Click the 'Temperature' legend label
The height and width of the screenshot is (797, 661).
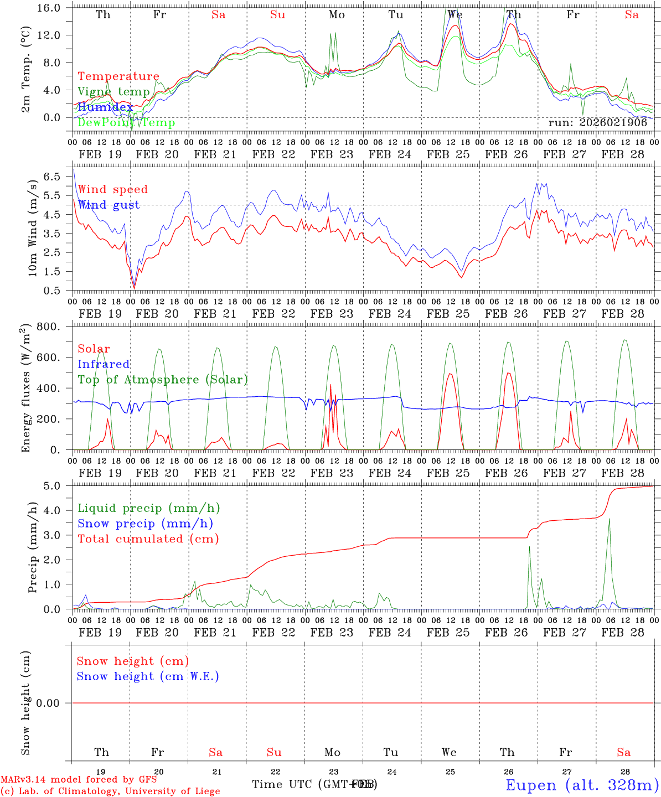point(118,76)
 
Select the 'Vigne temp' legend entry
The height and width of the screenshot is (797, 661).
point(113,92)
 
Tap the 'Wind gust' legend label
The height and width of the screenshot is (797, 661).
point(109,205)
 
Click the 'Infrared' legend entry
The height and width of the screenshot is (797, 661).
point(104,364)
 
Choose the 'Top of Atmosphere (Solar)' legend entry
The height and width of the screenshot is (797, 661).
point(162,380)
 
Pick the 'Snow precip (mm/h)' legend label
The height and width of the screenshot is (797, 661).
point(145,524)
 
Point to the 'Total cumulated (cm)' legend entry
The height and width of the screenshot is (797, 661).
point(148,539)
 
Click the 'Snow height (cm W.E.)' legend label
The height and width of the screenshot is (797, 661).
point(148,676)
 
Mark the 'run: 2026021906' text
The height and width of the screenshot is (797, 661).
point(597,123)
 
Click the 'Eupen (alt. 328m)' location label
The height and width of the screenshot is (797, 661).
point(582,785)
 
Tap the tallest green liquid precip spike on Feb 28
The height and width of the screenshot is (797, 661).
point(610,519)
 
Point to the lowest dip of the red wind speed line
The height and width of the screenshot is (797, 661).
point(134,287)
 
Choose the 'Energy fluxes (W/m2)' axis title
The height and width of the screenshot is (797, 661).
point(25,389)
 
